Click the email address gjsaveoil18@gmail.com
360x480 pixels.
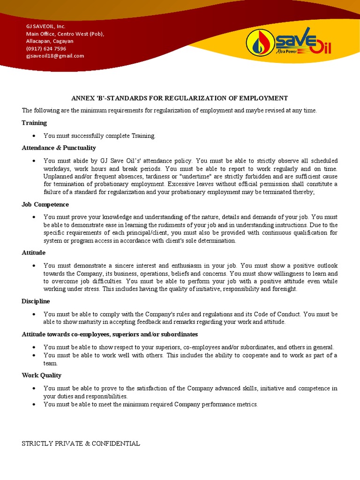tap(55, 56)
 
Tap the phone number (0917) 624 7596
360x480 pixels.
tap(46, 48)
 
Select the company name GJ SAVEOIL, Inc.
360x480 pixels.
tap(45, 26)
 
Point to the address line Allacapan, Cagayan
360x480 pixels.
tap(49, 41)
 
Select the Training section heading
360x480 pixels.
tap(34, 123)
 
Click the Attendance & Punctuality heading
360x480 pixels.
tap(59, 148)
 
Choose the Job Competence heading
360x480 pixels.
tap(45, 204)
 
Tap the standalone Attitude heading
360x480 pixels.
tap(33, 253)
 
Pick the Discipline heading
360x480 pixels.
tap(36, 301)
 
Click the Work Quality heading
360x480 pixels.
tap(41, 375)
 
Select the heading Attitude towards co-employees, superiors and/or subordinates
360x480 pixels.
tap(110, 334)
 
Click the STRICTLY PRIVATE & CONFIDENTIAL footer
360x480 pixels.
tap(81, 443)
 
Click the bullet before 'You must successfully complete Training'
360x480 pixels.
tap(35, 136)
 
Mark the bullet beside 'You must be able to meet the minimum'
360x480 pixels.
tap(35, 405)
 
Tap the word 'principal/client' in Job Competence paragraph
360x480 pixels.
tap(148, 233)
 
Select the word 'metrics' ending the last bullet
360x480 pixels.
tap(247, 405)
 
